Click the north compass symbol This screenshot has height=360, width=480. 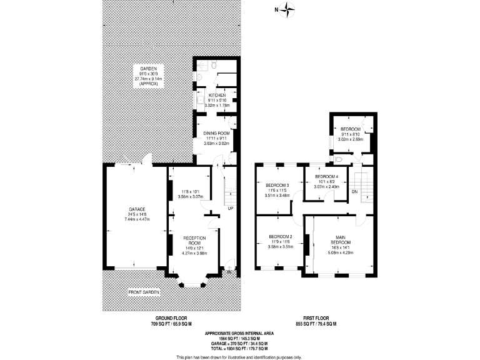[x=287, y=9]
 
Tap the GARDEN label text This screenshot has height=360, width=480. [x=148, y=68]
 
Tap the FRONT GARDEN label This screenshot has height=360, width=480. [x=144, y=292]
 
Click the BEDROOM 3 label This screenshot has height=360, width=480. [x=277, y=186]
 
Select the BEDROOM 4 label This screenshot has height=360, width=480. [x=327, y=177]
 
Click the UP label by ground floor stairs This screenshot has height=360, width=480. [x=231, y=208]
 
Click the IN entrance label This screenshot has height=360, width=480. [x=229, y=272]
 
